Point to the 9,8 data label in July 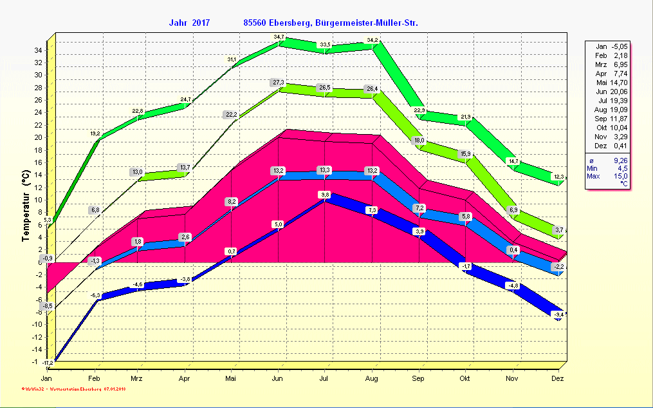coord(326,195)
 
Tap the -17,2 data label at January coord(48,364)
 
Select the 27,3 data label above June coord(279,83)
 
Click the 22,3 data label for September coord(419,111)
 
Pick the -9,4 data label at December coord(558,315)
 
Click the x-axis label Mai coord(231,379)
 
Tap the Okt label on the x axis coord(465,379)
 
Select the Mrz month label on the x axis coord(137,379)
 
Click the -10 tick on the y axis coord(37,324)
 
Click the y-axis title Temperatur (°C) coord(25,206)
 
